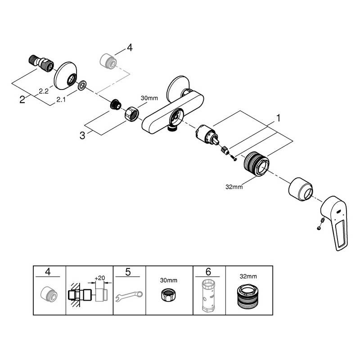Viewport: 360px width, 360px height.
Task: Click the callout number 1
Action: [x=278, y=118]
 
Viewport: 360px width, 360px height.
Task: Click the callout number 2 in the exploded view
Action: [x=22, y=99]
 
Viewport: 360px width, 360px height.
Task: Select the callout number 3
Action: [x=82, y=135]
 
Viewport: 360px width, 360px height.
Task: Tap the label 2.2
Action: [x=44, y=91]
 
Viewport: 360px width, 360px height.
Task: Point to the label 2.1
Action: [x=61, y=99]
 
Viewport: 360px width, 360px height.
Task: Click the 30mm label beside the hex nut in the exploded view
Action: [x=149, y=98]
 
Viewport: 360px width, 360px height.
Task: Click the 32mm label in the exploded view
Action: [x=234, y=187]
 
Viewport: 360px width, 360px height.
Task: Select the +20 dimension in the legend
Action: [x=99, y=278]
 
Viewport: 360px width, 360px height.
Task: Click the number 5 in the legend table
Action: [x=128, y=272]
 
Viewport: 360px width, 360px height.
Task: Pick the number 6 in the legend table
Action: [x=208, y=272]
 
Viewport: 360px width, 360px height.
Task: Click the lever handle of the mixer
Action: [x=334, y=223]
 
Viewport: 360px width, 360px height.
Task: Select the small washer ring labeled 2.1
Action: [x=82, y=85]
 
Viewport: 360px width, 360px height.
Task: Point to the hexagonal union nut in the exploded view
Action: [x=131, y=113]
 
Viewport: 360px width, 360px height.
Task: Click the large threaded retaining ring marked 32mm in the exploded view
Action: [x=256, y=164]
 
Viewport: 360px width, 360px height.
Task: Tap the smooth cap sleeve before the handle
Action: [x=300, y=189]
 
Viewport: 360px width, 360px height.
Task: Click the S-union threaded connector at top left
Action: [x=41, y=63]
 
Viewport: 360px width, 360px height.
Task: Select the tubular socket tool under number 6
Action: [x=208, y=296]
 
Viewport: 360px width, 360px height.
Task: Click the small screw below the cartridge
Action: [x=233, y=158]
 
